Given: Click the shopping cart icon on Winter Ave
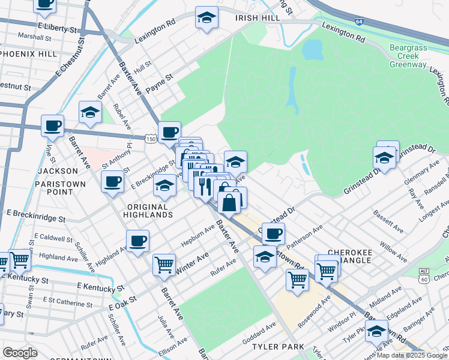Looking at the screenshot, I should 164,264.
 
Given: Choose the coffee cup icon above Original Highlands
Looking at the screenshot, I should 113,181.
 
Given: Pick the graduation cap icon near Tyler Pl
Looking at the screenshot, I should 376,331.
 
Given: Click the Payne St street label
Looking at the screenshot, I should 159,83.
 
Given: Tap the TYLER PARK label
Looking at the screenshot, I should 278,347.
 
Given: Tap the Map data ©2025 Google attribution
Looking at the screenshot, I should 412,355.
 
